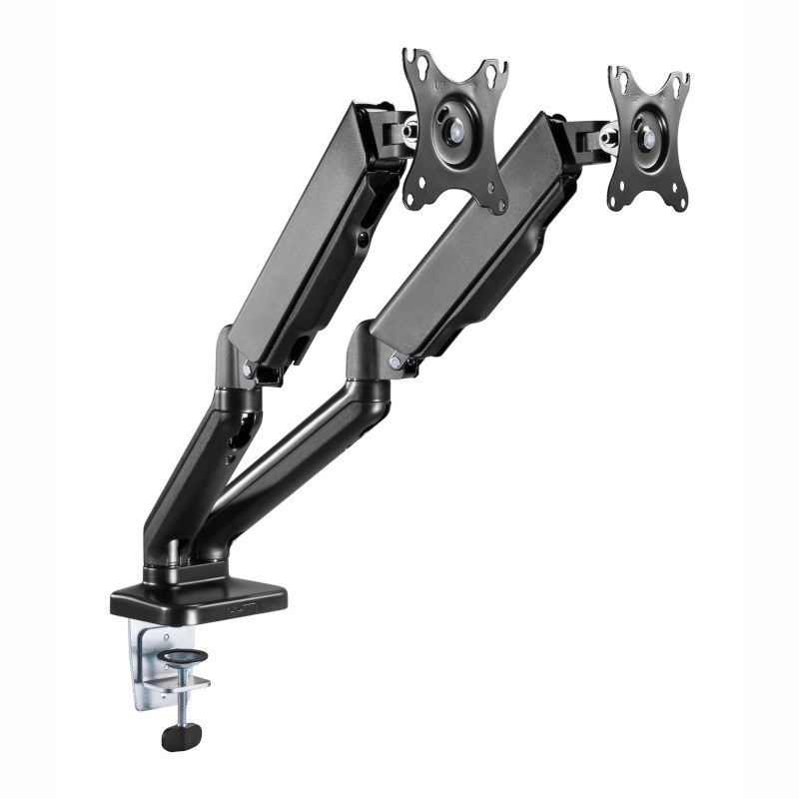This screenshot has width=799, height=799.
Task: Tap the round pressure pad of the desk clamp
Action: [184, 657]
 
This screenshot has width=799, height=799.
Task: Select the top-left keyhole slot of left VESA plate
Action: [413, 63]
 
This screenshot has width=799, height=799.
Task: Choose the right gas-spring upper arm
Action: [469, 240]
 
